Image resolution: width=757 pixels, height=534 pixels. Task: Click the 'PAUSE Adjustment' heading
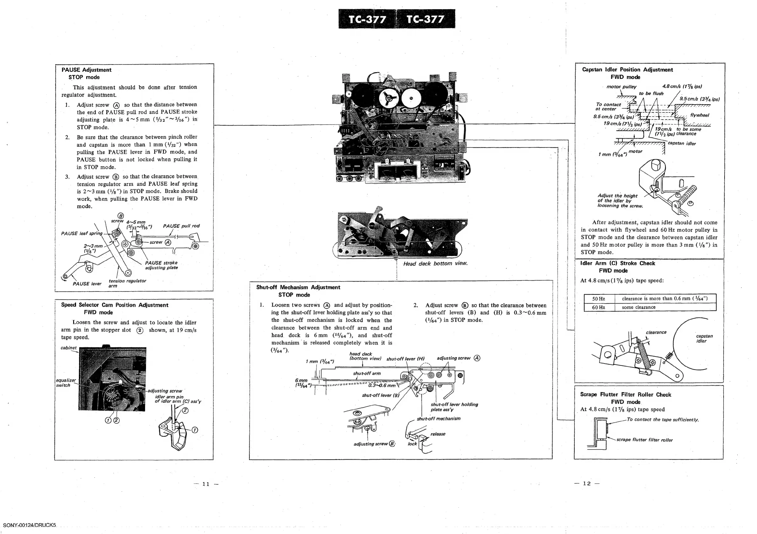[x=87, y=70]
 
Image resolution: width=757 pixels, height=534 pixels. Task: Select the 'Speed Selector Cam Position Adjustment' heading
[x=115, y=305]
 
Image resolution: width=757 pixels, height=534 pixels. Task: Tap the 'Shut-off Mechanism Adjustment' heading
[x=298, y=287]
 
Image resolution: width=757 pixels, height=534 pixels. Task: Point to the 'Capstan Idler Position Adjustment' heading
[x=627, y=70]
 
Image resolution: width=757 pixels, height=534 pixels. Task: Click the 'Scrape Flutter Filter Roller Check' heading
[x=625, y=395]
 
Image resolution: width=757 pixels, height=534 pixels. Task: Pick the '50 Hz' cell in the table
[x=598, y=299]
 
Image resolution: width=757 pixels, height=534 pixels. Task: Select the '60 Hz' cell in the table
[x=598, y=307]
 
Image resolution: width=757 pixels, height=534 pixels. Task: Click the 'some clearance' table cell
[x=638, y=307]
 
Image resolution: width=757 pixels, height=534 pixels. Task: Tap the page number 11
[x=206, y=484]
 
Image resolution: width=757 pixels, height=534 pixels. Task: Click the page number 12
[x=587, y=483]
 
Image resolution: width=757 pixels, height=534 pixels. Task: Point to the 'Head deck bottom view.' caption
[x=435, y=264]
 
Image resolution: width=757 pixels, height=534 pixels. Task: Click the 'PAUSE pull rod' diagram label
[x=181, y=226]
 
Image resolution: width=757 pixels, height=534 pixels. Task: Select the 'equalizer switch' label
[x=66, y=383]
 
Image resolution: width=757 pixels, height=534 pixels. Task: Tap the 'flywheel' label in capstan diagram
[x=699, y=115]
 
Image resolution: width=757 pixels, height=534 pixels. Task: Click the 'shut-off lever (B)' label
[x=380, y=395]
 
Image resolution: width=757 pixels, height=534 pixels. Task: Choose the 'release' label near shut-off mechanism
[x=438, y=434]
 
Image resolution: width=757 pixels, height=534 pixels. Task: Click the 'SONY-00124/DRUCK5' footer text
[x=30, y=525]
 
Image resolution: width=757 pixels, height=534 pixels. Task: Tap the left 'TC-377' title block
[x=367, y=19]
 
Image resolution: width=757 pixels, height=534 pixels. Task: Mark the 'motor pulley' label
[x=621, y=87]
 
